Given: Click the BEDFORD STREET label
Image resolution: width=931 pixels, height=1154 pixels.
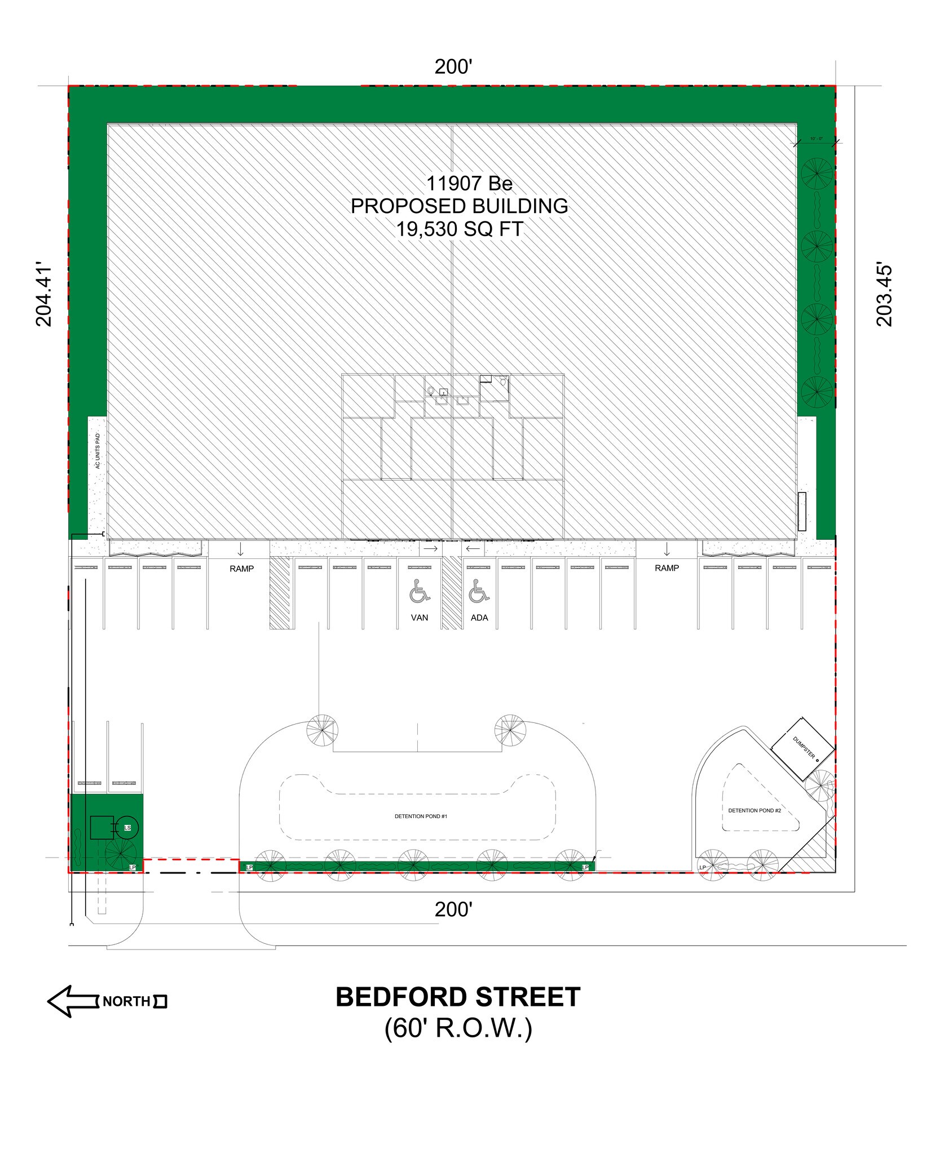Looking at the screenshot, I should point(457,997).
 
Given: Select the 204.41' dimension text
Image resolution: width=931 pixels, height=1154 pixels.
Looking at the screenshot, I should point(44,293).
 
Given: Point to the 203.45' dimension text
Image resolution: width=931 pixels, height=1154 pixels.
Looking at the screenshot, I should point(885,293).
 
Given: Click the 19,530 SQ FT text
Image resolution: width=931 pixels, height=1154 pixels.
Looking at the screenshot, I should point(460,229).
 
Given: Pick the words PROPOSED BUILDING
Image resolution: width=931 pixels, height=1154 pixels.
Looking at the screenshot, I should point(460,206).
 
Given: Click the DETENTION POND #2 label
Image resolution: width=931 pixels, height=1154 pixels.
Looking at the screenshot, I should point(754,810).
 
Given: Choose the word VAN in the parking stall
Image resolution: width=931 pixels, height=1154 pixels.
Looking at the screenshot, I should point(420,618).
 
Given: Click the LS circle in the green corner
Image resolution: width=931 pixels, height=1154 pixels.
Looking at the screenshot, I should point(127,828).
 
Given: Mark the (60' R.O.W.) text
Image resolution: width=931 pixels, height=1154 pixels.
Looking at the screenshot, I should point(458,1029).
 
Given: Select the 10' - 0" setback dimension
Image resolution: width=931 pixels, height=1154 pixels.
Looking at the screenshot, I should point(817,138).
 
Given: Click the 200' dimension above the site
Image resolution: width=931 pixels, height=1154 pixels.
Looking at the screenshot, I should point(453,67).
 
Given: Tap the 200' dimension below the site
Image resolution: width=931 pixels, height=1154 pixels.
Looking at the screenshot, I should point(453,909).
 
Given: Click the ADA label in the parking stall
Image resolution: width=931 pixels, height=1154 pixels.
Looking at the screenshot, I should point(479,618).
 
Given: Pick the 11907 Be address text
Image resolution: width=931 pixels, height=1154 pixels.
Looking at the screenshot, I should point(469,183).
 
